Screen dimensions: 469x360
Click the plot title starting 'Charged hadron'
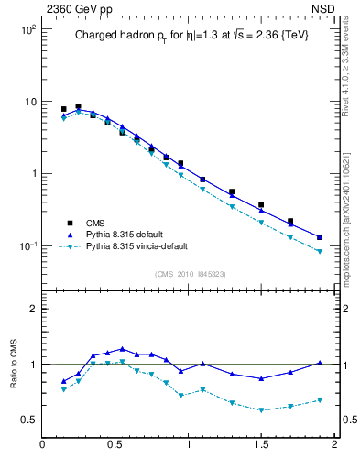tap(191, 36)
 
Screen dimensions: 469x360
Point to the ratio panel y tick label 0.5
tap(27, 420)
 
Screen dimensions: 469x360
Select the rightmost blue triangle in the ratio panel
tap(320, 363)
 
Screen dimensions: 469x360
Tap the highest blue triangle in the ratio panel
tap(122, 349)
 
